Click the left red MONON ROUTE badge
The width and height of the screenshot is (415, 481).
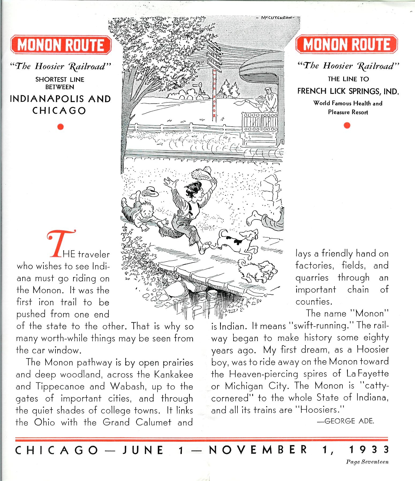61,45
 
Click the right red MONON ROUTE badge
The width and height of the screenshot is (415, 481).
347,44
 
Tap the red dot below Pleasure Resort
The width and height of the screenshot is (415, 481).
347,125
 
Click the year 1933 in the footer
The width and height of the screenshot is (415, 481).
369,450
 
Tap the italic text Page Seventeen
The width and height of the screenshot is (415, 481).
367,462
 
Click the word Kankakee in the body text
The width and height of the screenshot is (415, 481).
174,374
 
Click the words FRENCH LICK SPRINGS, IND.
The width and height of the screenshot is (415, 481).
348,91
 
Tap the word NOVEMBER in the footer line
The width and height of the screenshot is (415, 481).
258,450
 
